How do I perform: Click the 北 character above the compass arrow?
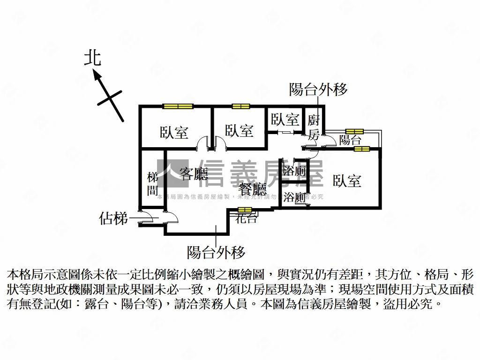coord(92,58)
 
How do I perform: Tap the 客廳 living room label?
coord(194,174)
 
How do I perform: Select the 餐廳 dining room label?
coord(253,189)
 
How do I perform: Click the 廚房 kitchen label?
coord(314,127)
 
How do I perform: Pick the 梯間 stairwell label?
coord(153,184)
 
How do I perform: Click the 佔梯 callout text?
coord(113,218)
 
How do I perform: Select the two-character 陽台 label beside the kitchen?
coord(350,140)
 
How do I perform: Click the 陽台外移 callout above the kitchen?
coord(318,90)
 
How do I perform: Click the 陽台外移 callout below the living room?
coord(216,253)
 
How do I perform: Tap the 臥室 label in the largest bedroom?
coord(347,181)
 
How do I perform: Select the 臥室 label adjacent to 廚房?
coord(285,120)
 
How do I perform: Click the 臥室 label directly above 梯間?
coord(174,133)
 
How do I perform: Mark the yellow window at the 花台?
coord(245,210)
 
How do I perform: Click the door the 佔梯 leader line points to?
coord(146,218)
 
